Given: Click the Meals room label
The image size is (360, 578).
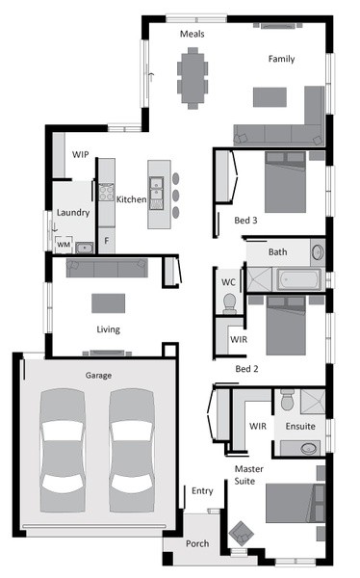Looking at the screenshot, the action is click(192, 34).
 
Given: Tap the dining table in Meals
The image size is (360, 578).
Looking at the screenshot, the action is click(193, 78).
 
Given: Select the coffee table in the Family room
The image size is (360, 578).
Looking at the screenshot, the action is click(270, 97).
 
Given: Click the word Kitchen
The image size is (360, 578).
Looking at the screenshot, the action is click(131, 199).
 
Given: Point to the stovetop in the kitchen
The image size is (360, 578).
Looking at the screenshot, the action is click(107, 192).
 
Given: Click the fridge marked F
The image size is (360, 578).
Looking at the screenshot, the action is click(107, 241).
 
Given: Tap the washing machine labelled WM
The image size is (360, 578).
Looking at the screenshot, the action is click(64, 245).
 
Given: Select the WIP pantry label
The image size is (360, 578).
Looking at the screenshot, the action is click(80, 154).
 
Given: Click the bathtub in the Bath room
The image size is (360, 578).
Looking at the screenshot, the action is click(298, 279).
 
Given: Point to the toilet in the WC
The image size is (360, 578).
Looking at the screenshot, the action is click(229, 303).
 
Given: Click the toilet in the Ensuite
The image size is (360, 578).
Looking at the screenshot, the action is click(287, 399).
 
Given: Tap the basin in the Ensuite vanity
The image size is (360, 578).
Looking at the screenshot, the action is click(308, 448).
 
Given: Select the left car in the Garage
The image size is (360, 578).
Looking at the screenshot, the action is click(63, 450).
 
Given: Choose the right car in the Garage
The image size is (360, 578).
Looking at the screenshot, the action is click(131, 450).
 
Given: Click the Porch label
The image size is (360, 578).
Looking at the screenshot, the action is click(197, 543).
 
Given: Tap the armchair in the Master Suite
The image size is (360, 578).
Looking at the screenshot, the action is click(242, 533).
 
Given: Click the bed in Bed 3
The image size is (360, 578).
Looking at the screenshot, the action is click(285, 182).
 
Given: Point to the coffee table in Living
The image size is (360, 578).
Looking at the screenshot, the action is click(109, 303).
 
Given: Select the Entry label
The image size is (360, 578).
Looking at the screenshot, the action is click(202, 491).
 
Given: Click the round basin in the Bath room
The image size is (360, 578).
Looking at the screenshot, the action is click(318, 252).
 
